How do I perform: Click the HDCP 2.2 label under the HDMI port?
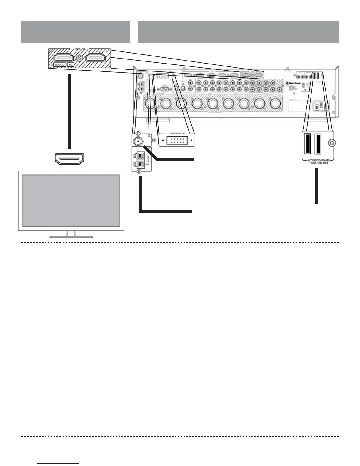pyautogui.click(x=59, y=64)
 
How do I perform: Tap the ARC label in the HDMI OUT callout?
pyautogui.click(x=71, y=64)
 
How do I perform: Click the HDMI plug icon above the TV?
pyautogui.click(x=69, y=159)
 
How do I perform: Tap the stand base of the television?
pyautogui.click(x=71, y=236)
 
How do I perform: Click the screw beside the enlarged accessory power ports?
pyautogui.click(x=331, y=143)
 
